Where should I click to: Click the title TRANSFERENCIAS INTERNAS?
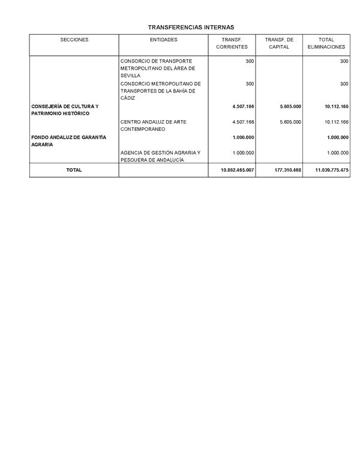[191, 27]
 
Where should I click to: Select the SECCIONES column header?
[74, 40]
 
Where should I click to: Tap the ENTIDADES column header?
[163, 40]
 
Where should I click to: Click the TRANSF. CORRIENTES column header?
[232, 43]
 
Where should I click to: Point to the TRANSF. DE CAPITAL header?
[279, 43]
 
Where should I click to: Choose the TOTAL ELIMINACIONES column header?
[326, 43]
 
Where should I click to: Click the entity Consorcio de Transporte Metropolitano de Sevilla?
[157, 68]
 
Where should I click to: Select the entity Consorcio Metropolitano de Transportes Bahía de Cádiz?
[160, 91]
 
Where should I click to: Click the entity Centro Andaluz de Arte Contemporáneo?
[153, 126]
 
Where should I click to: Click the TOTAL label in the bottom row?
[74, 171]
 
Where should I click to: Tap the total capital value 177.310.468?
[287, 171]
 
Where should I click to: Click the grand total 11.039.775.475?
[332, 171]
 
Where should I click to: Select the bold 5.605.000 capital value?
[290, 106]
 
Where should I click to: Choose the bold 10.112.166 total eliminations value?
[336, 106]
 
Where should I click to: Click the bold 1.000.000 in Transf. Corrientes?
[243, 137]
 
